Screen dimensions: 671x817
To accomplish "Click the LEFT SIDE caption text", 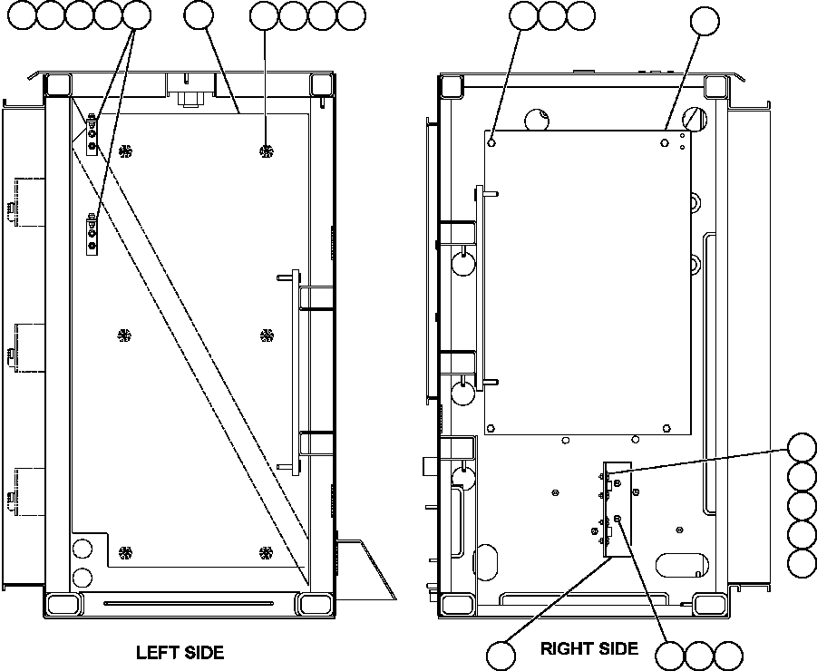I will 180,652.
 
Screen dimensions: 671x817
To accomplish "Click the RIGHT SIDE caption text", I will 588,648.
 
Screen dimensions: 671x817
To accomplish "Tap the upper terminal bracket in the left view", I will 92,133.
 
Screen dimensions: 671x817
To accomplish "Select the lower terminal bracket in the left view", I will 92,237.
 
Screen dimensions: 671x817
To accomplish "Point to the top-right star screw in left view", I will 266,150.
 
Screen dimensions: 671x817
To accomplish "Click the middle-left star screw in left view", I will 124,335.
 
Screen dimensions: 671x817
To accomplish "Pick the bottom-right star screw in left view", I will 266,551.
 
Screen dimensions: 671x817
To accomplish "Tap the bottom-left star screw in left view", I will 124,551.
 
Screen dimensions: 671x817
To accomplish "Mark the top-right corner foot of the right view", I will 715,86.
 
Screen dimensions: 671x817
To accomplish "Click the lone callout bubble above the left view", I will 198,15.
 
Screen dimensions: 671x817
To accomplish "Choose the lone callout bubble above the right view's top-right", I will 705,20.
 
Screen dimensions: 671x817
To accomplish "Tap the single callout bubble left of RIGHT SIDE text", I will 500,654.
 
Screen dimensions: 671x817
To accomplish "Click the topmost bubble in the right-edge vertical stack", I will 802,448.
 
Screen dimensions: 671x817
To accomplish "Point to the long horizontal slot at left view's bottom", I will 188,603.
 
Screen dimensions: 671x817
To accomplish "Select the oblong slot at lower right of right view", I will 683,565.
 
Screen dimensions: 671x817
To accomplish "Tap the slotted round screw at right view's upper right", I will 696,117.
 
